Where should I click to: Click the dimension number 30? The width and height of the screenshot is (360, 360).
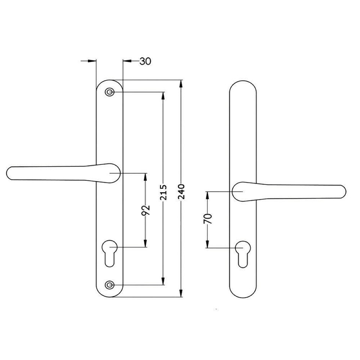[145, 61]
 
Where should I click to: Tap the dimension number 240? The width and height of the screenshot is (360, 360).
[182, 192]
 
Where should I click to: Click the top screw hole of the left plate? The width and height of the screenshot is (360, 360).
[109, 92]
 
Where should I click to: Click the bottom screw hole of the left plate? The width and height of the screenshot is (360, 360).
[109, 285]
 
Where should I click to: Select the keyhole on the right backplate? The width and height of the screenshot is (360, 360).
[243, 253]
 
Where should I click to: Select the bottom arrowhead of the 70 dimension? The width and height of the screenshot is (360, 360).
[207, 244]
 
